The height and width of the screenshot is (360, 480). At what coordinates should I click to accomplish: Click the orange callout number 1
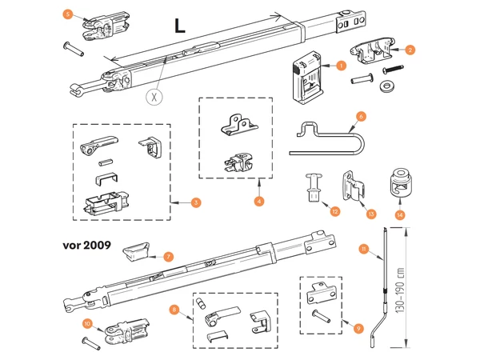(340, 65)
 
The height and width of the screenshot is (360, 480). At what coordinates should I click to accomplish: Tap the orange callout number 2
(410, 50)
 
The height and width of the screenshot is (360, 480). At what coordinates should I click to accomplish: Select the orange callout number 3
(196, 202)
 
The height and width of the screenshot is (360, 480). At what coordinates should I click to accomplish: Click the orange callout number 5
(67, 14)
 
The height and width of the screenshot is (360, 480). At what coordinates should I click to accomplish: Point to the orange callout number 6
(360, 117)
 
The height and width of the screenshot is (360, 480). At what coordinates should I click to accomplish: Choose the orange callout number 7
(167, 257)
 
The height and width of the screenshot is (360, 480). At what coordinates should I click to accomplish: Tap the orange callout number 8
(174, 309)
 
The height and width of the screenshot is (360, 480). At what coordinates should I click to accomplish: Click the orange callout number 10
(87, 324)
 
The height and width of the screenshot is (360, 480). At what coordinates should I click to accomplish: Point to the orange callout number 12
(335, 211)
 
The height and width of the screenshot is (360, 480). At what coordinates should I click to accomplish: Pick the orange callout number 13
(370, 214)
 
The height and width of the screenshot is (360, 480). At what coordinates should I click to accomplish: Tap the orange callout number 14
(400, 214)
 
